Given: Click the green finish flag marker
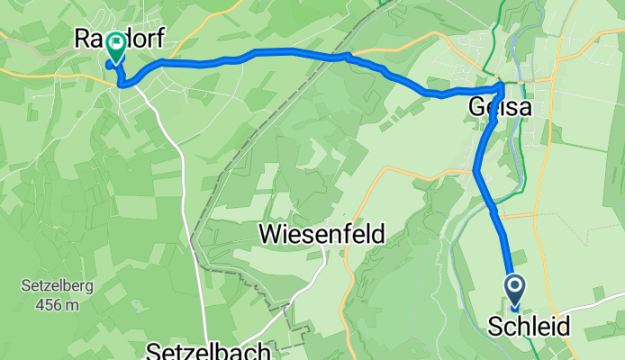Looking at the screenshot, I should (x=116, y=45).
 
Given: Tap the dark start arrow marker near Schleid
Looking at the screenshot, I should (x=515, y=287).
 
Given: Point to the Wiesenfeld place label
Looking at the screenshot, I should (x=322, y=235).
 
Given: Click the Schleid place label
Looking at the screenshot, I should (x=529, y=327).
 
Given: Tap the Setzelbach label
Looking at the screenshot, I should (x=209, y=350).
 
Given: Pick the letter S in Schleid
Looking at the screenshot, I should (x=495, y=327).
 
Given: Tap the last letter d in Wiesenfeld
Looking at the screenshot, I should (x=378, y=235).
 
